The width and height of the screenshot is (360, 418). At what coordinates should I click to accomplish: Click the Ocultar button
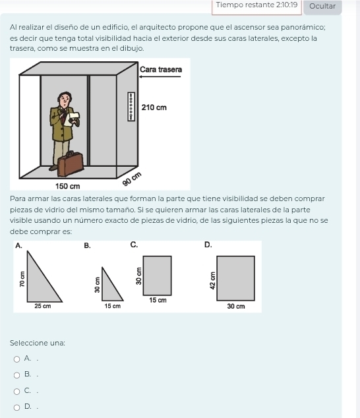tap(322, 6)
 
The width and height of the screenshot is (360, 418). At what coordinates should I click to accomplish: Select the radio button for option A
tap(16, 359)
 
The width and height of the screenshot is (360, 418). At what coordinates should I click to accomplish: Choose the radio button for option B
tap(16, 375)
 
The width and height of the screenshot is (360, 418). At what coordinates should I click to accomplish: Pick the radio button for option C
tap(16, 392)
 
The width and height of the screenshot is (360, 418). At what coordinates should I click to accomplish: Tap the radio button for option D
tap(16, 407)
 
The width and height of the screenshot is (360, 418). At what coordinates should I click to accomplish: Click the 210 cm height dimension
tap(154, 107)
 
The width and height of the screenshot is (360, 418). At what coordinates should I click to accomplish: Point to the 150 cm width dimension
tap(67, 186)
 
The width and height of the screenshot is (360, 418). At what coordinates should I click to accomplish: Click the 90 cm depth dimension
tap(132, 179)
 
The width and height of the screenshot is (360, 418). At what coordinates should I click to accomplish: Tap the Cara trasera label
tap(161, 70)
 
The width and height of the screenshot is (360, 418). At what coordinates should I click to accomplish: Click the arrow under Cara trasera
tap(160, 76)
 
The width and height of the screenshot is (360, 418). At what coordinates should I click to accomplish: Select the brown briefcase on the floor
tap(71, 164)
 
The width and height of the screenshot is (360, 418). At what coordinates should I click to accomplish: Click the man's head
tap(65, 100)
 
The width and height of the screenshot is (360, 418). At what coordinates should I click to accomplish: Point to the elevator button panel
tap(131, 107)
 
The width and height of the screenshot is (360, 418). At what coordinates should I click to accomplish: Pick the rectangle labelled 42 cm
tap(236, 278)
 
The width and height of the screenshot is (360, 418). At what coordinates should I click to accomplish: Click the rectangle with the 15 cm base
tap(158, 276)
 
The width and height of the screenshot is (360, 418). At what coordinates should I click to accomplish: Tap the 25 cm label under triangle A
tap(43, 306)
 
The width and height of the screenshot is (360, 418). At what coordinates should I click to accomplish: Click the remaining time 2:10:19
tap(287, 5)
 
